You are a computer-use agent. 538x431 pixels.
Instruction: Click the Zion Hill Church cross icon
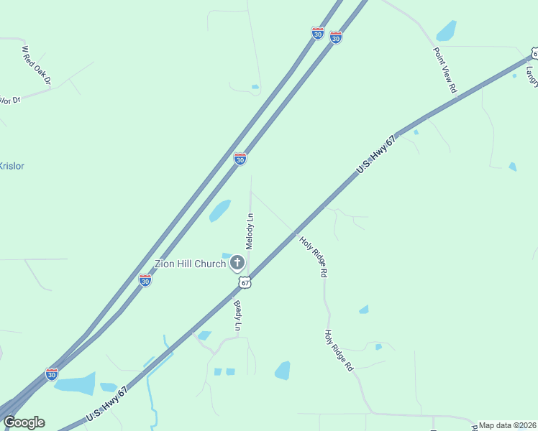237,264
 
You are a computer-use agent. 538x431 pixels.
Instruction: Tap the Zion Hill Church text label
191,264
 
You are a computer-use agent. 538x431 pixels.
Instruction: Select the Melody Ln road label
250,231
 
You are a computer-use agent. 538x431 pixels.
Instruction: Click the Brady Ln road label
237,315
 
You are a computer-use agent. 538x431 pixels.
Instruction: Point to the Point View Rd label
445,70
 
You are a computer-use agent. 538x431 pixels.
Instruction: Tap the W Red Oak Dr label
36,65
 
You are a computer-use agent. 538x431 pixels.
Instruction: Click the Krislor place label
12,166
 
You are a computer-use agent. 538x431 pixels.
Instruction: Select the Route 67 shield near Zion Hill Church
245,283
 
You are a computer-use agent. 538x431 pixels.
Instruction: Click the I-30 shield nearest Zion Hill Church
145,281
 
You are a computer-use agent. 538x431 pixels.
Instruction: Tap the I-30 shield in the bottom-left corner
51,374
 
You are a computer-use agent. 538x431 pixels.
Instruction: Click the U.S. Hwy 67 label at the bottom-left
106,404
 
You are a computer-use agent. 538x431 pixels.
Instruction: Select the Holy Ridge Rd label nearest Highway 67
314,257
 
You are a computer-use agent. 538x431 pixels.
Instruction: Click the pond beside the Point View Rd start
447,31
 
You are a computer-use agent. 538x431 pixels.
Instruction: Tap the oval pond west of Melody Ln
220,210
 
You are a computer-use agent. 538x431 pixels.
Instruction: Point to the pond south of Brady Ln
283,371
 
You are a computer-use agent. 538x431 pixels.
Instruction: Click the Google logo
24,422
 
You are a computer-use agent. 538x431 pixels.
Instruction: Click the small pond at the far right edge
512,167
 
